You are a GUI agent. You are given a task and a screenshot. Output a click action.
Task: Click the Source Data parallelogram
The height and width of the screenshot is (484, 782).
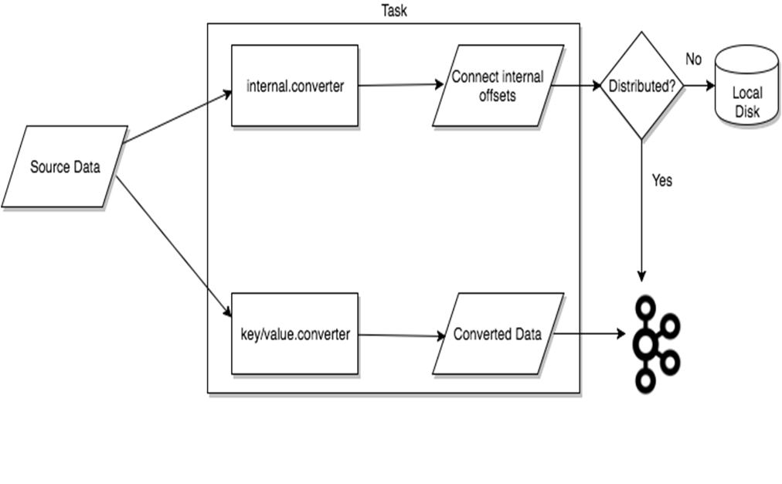[x=64, y=167]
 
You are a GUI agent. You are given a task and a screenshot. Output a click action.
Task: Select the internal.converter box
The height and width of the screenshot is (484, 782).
[x=294, y=85]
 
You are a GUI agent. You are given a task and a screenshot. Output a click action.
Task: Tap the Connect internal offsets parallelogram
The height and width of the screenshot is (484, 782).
[x=498, y=86]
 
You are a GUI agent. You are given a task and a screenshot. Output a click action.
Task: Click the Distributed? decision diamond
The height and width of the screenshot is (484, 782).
[x=641, y=86]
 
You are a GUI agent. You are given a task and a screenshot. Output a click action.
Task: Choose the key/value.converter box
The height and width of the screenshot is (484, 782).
[x=294, y=334]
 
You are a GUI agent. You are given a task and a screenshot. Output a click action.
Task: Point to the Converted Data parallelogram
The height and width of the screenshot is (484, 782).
[x=498, y=335]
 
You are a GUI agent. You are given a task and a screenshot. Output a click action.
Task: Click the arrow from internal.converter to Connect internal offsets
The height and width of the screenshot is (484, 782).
[x=398, y=85]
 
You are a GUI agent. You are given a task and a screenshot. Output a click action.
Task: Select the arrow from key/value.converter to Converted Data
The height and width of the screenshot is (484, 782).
[x=398, y=336]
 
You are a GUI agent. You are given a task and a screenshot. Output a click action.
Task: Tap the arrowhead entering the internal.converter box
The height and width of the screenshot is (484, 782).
[x=226, y=94]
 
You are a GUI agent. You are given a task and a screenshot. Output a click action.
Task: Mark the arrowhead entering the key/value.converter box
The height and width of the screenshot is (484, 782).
[x=227, y=312]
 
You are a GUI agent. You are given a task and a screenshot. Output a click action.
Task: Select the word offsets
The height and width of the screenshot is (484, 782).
[x=498, y=97]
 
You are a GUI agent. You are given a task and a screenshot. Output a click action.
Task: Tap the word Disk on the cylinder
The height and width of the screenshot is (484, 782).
[x=746, y=111]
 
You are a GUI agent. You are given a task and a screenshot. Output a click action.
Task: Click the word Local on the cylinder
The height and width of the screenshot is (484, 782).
[x=746, y=94]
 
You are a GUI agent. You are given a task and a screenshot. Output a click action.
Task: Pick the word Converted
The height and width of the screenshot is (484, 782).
[x=482, y=335]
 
